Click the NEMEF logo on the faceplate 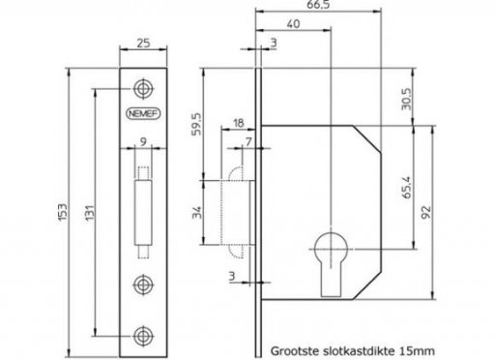[x=143, y=113]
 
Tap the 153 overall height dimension [x=63, y=212]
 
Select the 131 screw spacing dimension [x=90, y=212]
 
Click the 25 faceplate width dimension [x=143, y=43]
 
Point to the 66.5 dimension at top [x=318, y=4]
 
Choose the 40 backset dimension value [x=293, y=24]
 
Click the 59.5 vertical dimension [x=196, y=124]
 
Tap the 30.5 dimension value [x=406, y=99]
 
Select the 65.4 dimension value [x=407, y=187]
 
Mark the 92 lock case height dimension [x=426, y=212]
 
